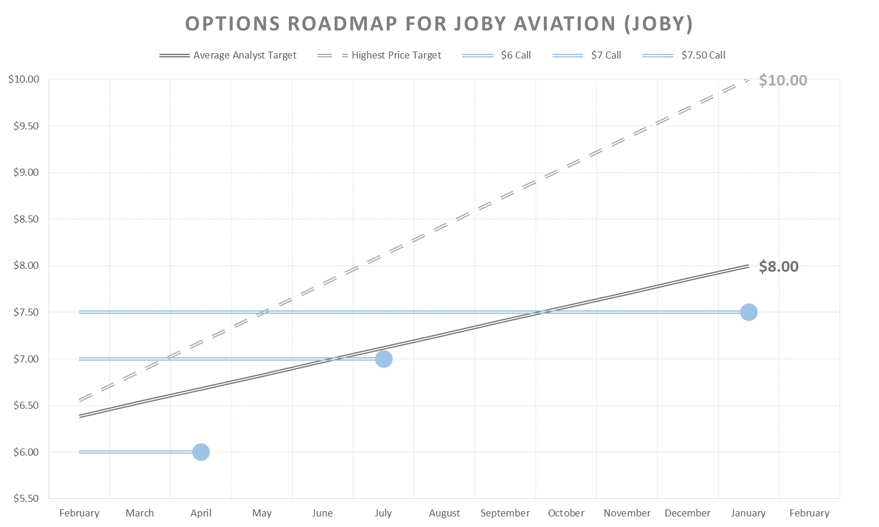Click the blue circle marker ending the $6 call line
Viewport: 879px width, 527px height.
click(200, 452)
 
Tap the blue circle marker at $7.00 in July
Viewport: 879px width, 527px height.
click(383, 359)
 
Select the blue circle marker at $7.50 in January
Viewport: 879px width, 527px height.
click(748, 312)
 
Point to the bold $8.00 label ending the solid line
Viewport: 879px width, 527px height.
click(778, 266)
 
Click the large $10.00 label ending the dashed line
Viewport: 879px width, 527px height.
click(782, 80)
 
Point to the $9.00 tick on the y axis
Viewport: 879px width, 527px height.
click(26, 172)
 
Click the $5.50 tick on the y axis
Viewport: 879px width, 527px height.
click(26, 498)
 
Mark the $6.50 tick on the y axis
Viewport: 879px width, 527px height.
click(26, 405)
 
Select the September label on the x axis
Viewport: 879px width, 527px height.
click(505, 513)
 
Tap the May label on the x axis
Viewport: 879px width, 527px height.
click(261, 513)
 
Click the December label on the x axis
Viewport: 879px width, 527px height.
click(687, 513)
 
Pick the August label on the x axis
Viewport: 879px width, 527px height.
click(444, 513)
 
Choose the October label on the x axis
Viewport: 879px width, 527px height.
click(565, 513)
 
